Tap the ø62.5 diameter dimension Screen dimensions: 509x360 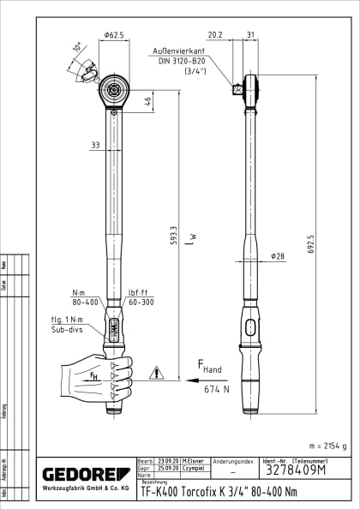[113, 35]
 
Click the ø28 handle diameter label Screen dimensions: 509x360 [278, 256]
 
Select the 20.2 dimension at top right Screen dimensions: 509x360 [215, 35]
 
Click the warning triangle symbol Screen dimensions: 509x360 [156, 373]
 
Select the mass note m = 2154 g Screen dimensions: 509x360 [327, 446]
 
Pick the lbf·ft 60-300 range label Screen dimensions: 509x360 [140, 296]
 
